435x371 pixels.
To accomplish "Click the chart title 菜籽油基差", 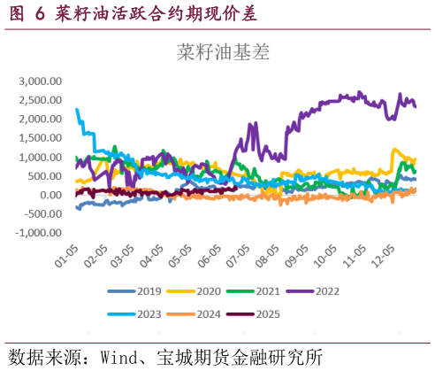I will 223,52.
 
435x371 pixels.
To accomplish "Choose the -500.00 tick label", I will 43,214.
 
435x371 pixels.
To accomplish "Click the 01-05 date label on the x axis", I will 62,257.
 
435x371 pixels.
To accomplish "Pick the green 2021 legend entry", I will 259,290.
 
